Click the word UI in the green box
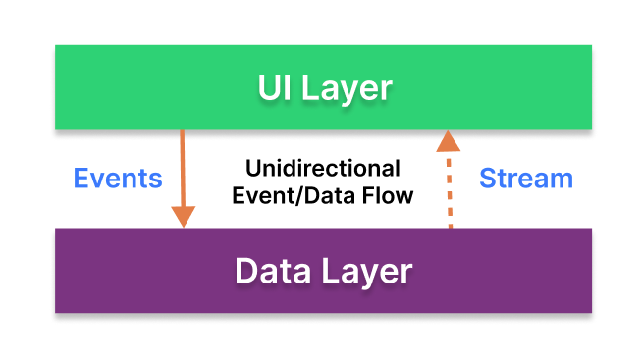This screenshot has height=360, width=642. click(274, 88)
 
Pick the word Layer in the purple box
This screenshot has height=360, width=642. click(365, 271)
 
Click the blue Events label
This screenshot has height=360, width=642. click(118, 179)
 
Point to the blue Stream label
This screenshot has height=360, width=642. click(525, 179)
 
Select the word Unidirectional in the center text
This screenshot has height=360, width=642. click(322, 167)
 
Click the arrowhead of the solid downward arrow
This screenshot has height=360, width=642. click(183, 215)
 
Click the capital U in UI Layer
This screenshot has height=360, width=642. click(268, 88)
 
